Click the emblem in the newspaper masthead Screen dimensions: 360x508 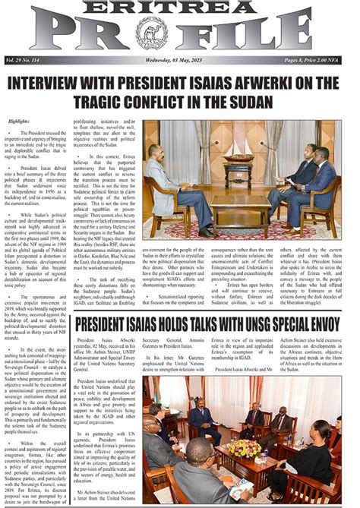pos(150,33)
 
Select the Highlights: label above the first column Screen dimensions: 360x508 pos(21,122)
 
